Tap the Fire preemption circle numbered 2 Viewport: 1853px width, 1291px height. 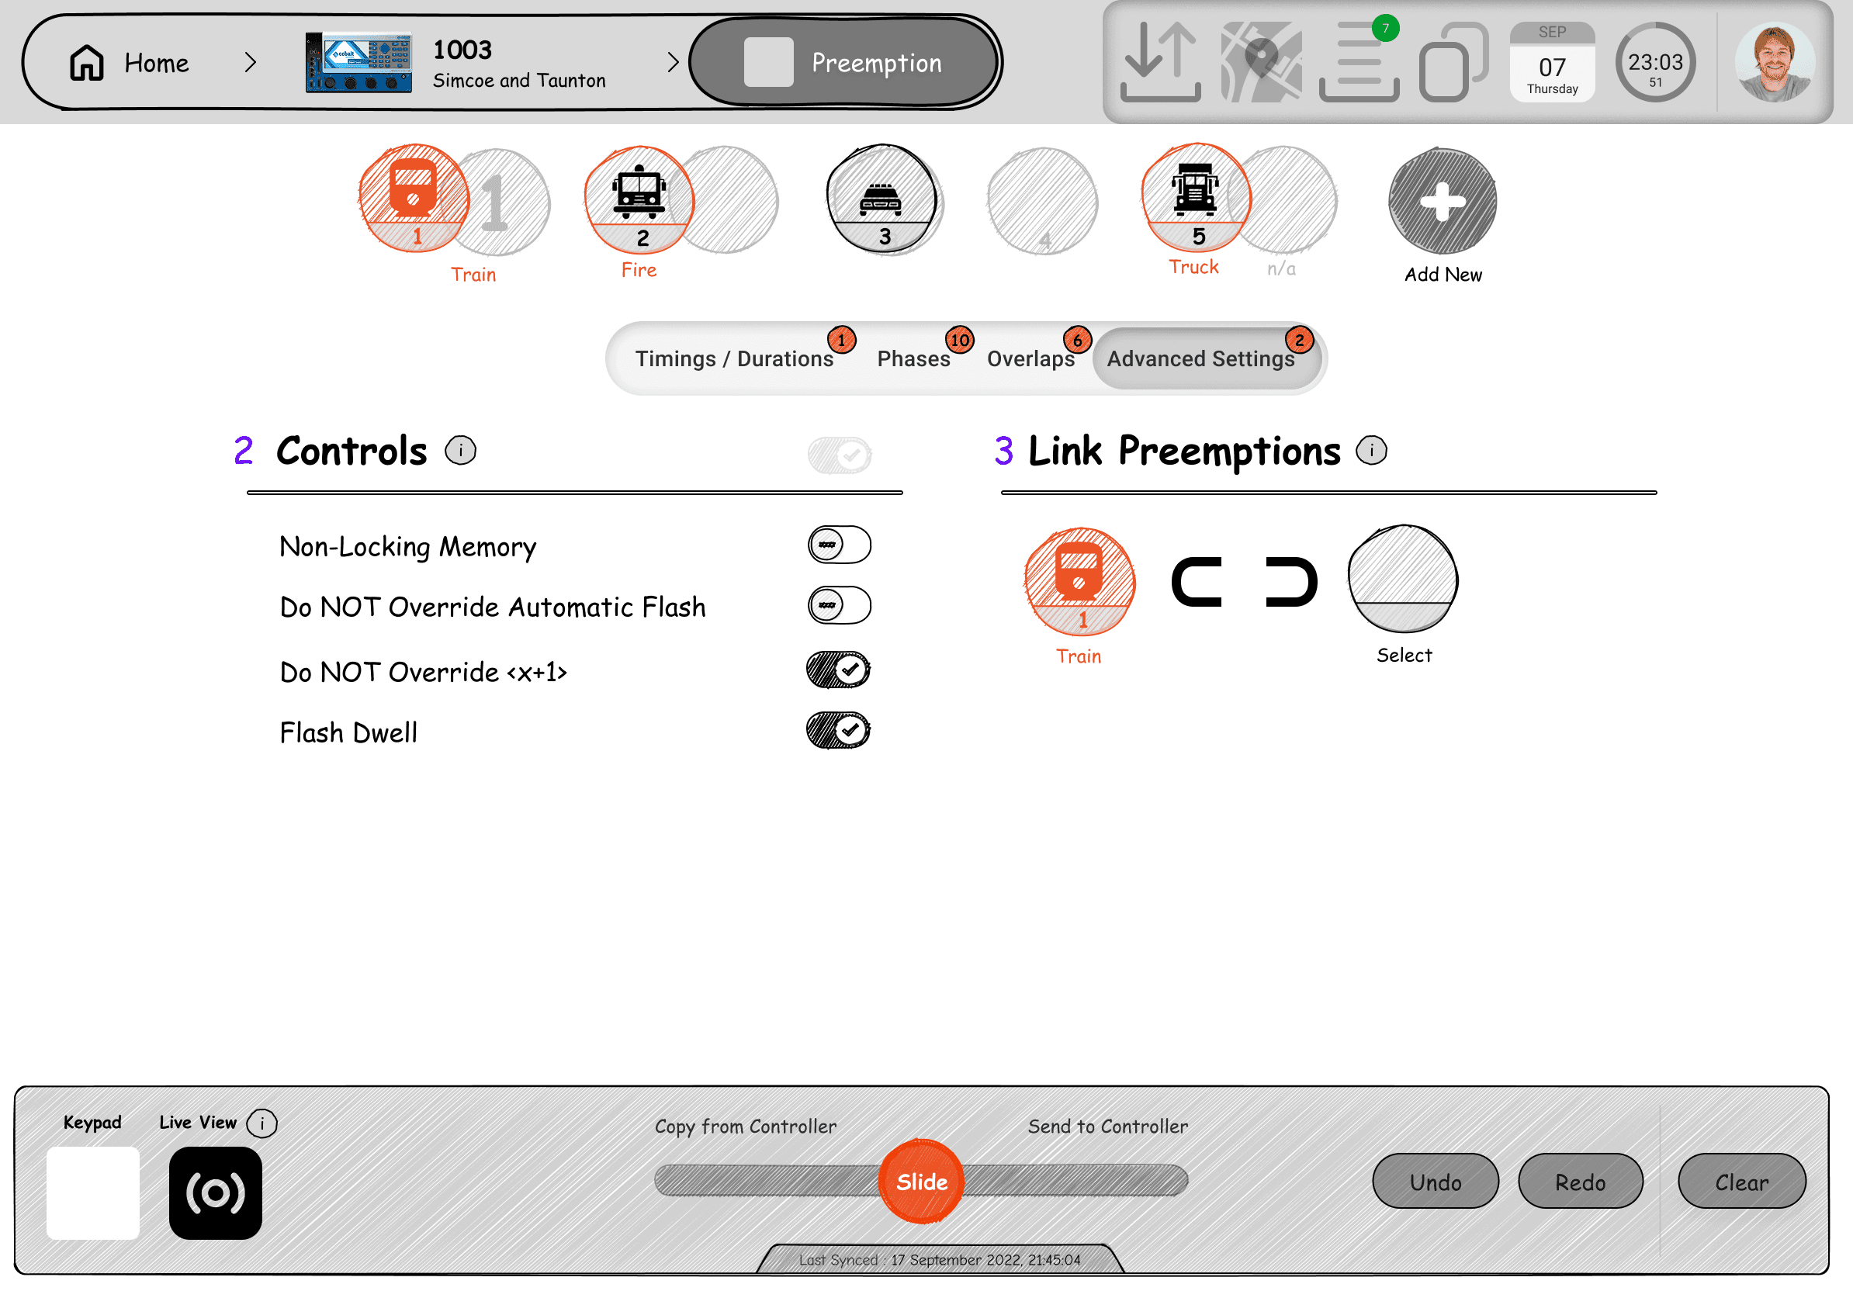639,199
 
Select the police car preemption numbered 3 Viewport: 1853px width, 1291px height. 884,199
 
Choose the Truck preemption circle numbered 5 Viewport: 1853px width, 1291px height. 1196,198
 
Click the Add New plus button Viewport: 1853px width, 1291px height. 1443,201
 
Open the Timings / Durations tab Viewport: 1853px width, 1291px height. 733,358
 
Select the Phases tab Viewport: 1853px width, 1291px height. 913,358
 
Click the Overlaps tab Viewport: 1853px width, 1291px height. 1030,358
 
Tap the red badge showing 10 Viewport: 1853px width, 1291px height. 960,340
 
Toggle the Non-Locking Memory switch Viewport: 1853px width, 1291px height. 840,545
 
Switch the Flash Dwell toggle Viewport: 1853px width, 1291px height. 839,730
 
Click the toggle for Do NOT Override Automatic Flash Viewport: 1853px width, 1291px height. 840,605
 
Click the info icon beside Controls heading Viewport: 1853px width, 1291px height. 461,450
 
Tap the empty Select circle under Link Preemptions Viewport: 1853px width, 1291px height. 1403,579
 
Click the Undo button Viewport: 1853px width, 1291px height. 1436,1182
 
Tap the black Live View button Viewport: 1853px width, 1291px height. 216,1192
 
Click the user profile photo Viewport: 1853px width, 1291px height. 1775,62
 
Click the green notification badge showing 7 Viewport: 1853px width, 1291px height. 1386,28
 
